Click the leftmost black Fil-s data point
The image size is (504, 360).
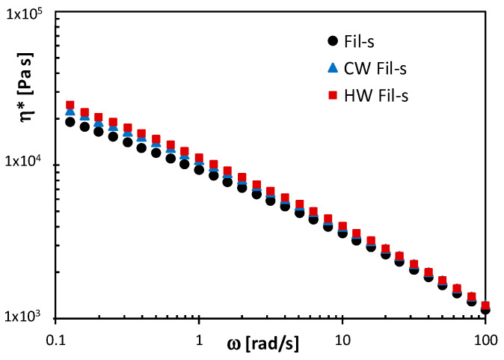coord(70,122)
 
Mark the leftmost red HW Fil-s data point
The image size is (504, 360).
coord(70,106)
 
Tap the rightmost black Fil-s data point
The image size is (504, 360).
coord(485,309)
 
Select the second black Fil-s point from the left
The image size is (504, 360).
coord(84,126)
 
